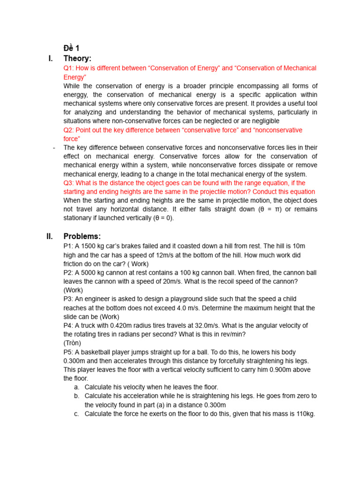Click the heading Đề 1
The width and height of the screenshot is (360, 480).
click(71, 48)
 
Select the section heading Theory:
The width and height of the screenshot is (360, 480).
click(77, 59)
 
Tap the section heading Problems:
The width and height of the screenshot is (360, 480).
click(82, 236)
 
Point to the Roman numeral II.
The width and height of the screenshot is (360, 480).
click(50, 236)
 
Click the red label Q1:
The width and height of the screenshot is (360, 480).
click(69, 68)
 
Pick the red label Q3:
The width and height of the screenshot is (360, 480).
click(69, 183)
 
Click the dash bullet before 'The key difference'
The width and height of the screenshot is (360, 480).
click(54, 148)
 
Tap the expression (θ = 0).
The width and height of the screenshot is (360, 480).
click(160, 218)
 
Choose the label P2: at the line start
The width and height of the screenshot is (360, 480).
click(68, 272)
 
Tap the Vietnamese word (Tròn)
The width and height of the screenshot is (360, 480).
click(73, 343)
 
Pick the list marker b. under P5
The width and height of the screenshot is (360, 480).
click(77, 396)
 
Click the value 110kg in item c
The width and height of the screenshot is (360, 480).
click(303, 414)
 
